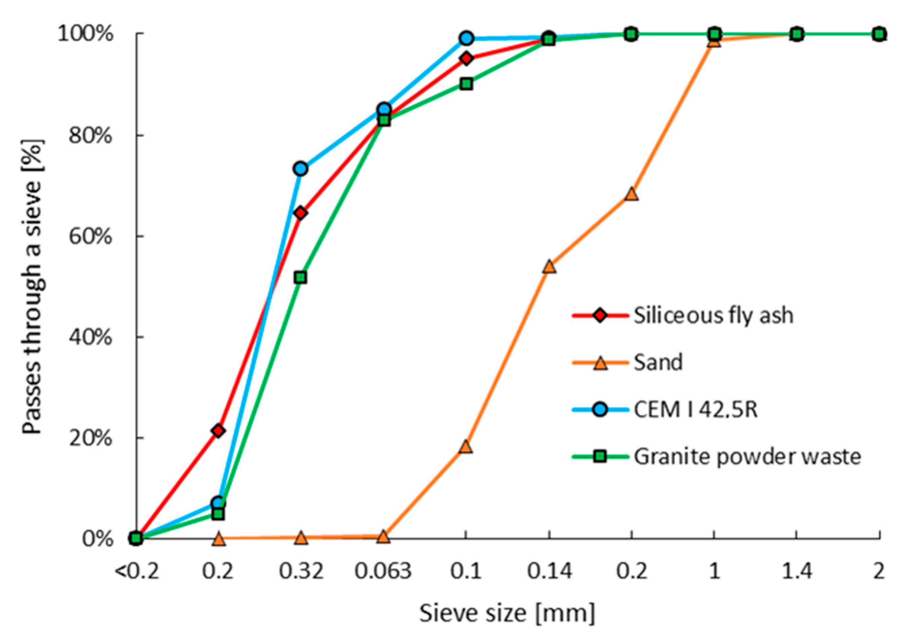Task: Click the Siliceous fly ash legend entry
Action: (713, 316)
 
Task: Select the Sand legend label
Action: (657, 362)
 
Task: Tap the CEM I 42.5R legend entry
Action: (695, 409)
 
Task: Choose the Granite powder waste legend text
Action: (747, 456)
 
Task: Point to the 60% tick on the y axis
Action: (91, 237)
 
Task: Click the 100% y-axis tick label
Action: (85, 34)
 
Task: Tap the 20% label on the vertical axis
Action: (91, 439)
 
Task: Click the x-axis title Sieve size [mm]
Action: (507, 613)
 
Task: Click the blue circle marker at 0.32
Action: (301, 169)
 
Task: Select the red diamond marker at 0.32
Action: (301, 213)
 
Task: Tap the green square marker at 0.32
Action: (301, 277)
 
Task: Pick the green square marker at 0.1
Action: (467, 84)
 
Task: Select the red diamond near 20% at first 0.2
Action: (218, 430)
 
